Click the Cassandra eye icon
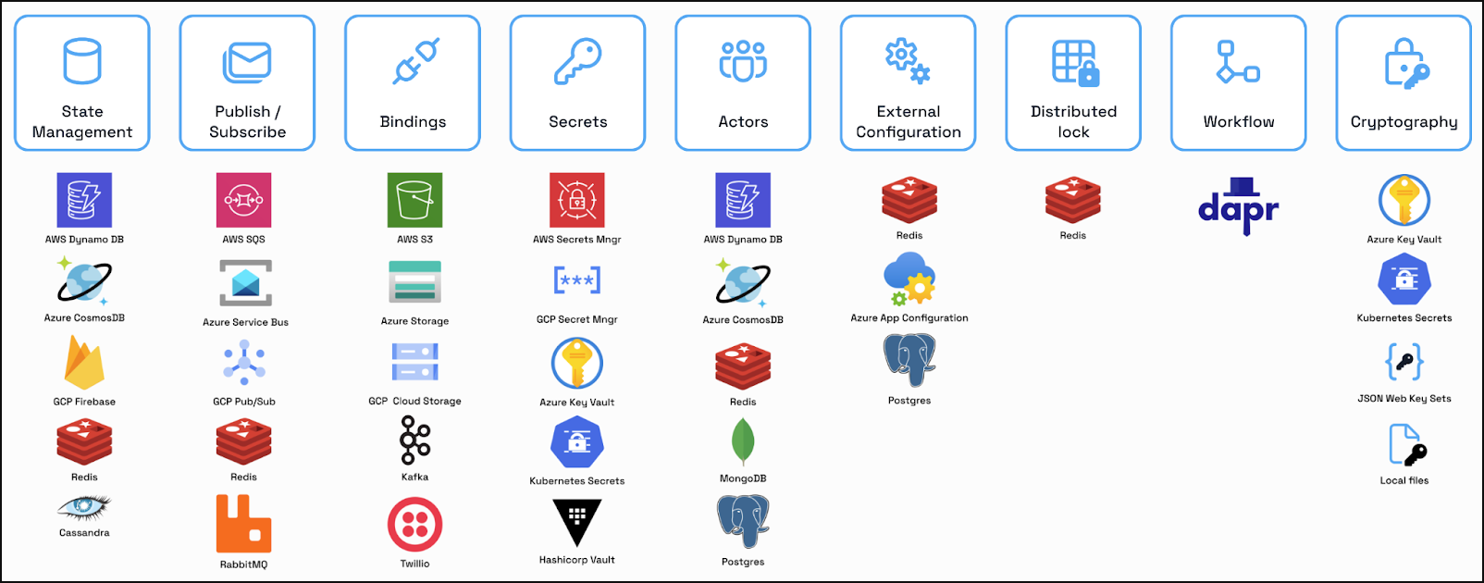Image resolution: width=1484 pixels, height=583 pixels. (x=84, y=508)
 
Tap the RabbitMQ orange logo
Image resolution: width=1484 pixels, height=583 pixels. (x=244, y=524)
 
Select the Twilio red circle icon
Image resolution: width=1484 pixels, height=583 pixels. (x=414, y=525)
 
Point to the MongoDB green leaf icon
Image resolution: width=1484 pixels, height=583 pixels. (x=743, y=440)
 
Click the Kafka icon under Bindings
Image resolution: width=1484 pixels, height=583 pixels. (x=414, y=440)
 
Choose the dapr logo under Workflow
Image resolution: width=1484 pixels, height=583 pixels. (x=1238, y=206)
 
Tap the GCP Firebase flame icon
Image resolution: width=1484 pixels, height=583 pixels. (x=84, y=363)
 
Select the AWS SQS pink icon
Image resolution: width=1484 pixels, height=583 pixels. (x=244, y=200)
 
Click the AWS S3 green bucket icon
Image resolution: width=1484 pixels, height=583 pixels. (x=414, y=200)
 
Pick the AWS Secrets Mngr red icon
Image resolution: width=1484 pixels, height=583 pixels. (x=577, y=200)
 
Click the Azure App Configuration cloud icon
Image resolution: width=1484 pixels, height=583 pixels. (x=909, y=279)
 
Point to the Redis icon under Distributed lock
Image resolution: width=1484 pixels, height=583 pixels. (x=1072, y=200)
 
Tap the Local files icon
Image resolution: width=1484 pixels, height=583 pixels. (x=1404, y=444)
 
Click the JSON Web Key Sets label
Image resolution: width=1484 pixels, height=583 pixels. (x=1404, y=399)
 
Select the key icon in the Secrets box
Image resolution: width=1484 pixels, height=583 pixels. (x=577, y=62)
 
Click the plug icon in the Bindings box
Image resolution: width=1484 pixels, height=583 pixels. (x=415, y=61)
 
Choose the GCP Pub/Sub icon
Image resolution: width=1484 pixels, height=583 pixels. (x=244, y=363)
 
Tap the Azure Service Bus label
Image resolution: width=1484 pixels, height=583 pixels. (x=245, y=323)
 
